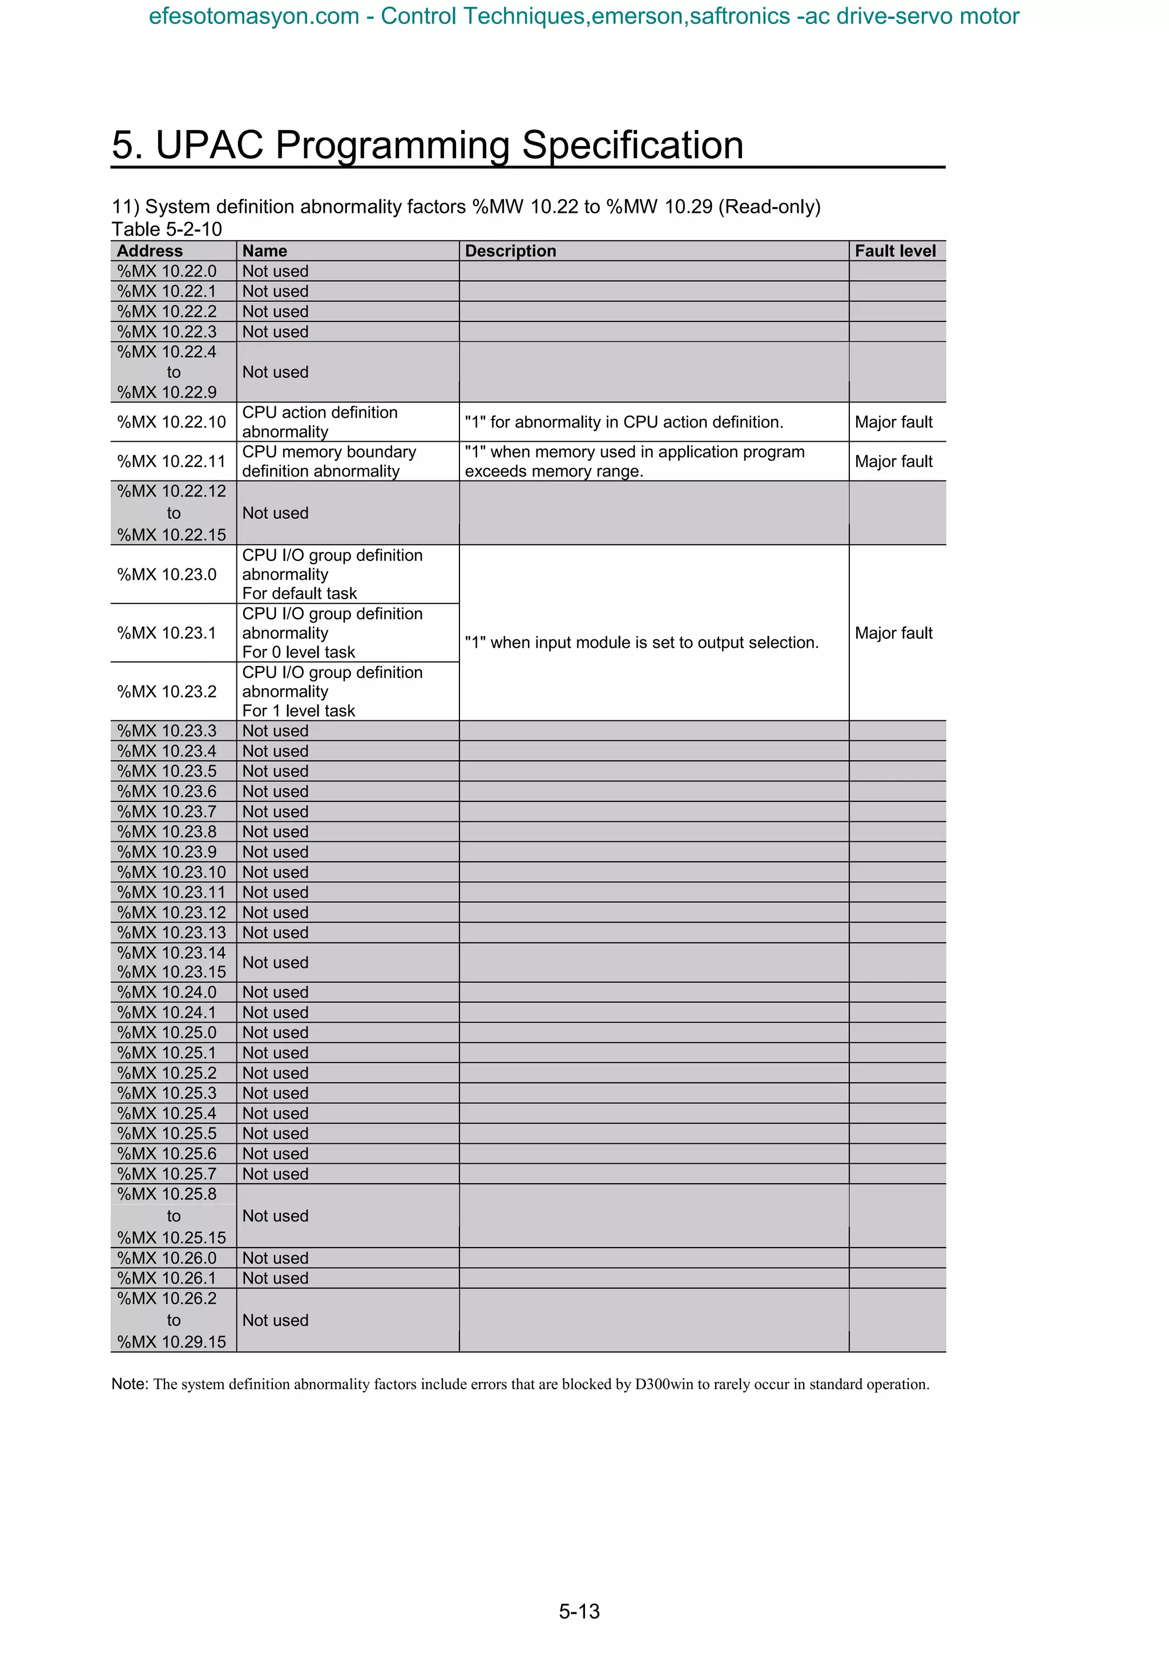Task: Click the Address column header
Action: point(150,251)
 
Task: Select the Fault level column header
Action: point(894,251)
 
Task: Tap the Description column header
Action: point(510,251)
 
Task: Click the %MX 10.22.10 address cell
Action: point(171,422)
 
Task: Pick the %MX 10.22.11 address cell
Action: point(171,461)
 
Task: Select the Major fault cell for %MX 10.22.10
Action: point(893,422)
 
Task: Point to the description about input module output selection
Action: point(641,642)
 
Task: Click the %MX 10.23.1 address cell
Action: point(166,632)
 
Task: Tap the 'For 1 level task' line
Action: point(298,711)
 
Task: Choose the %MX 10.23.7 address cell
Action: point(166,811)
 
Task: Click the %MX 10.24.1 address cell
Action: point(166,1012)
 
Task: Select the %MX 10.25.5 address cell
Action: point(166,1133)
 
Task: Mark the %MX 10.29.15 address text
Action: point(171,1341)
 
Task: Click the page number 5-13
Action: point(579,1611)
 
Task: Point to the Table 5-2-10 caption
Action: point(166,229)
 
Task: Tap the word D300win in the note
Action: point(663,1384)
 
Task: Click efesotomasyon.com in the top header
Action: point(253,16)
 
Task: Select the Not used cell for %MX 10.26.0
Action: point(275,1258)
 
